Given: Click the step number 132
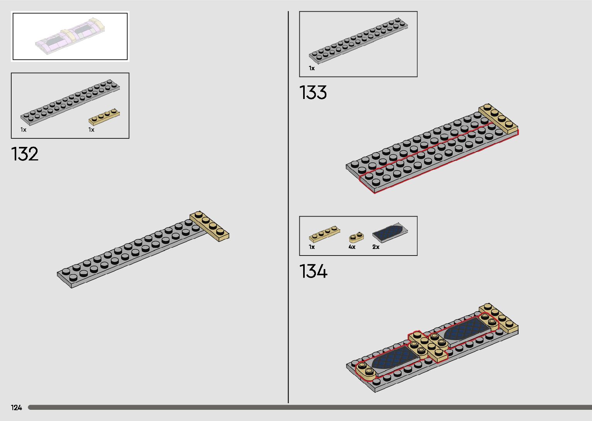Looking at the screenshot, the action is coord(25,154).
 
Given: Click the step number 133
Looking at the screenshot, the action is coord(313,93).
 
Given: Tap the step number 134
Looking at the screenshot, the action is coord(313,271).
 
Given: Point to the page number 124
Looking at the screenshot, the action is coord(17,407).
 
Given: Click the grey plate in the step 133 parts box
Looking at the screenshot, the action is coord(358,40).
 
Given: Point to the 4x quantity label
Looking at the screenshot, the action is coord(352,247).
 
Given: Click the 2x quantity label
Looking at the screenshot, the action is coord(376,247).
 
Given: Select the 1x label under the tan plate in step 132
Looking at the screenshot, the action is coord(91,130).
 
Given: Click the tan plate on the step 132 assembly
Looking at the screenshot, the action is coord(209,227).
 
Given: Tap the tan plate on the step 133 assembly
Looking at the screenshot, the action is coord(498,119).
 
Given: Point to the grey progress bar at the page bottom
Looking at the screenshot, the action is coord(309,407).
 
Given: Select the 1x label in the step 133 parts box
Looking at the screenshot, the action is coord(312,68).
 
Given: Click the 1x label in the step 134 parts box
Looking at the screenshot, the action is coord(312,247).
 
